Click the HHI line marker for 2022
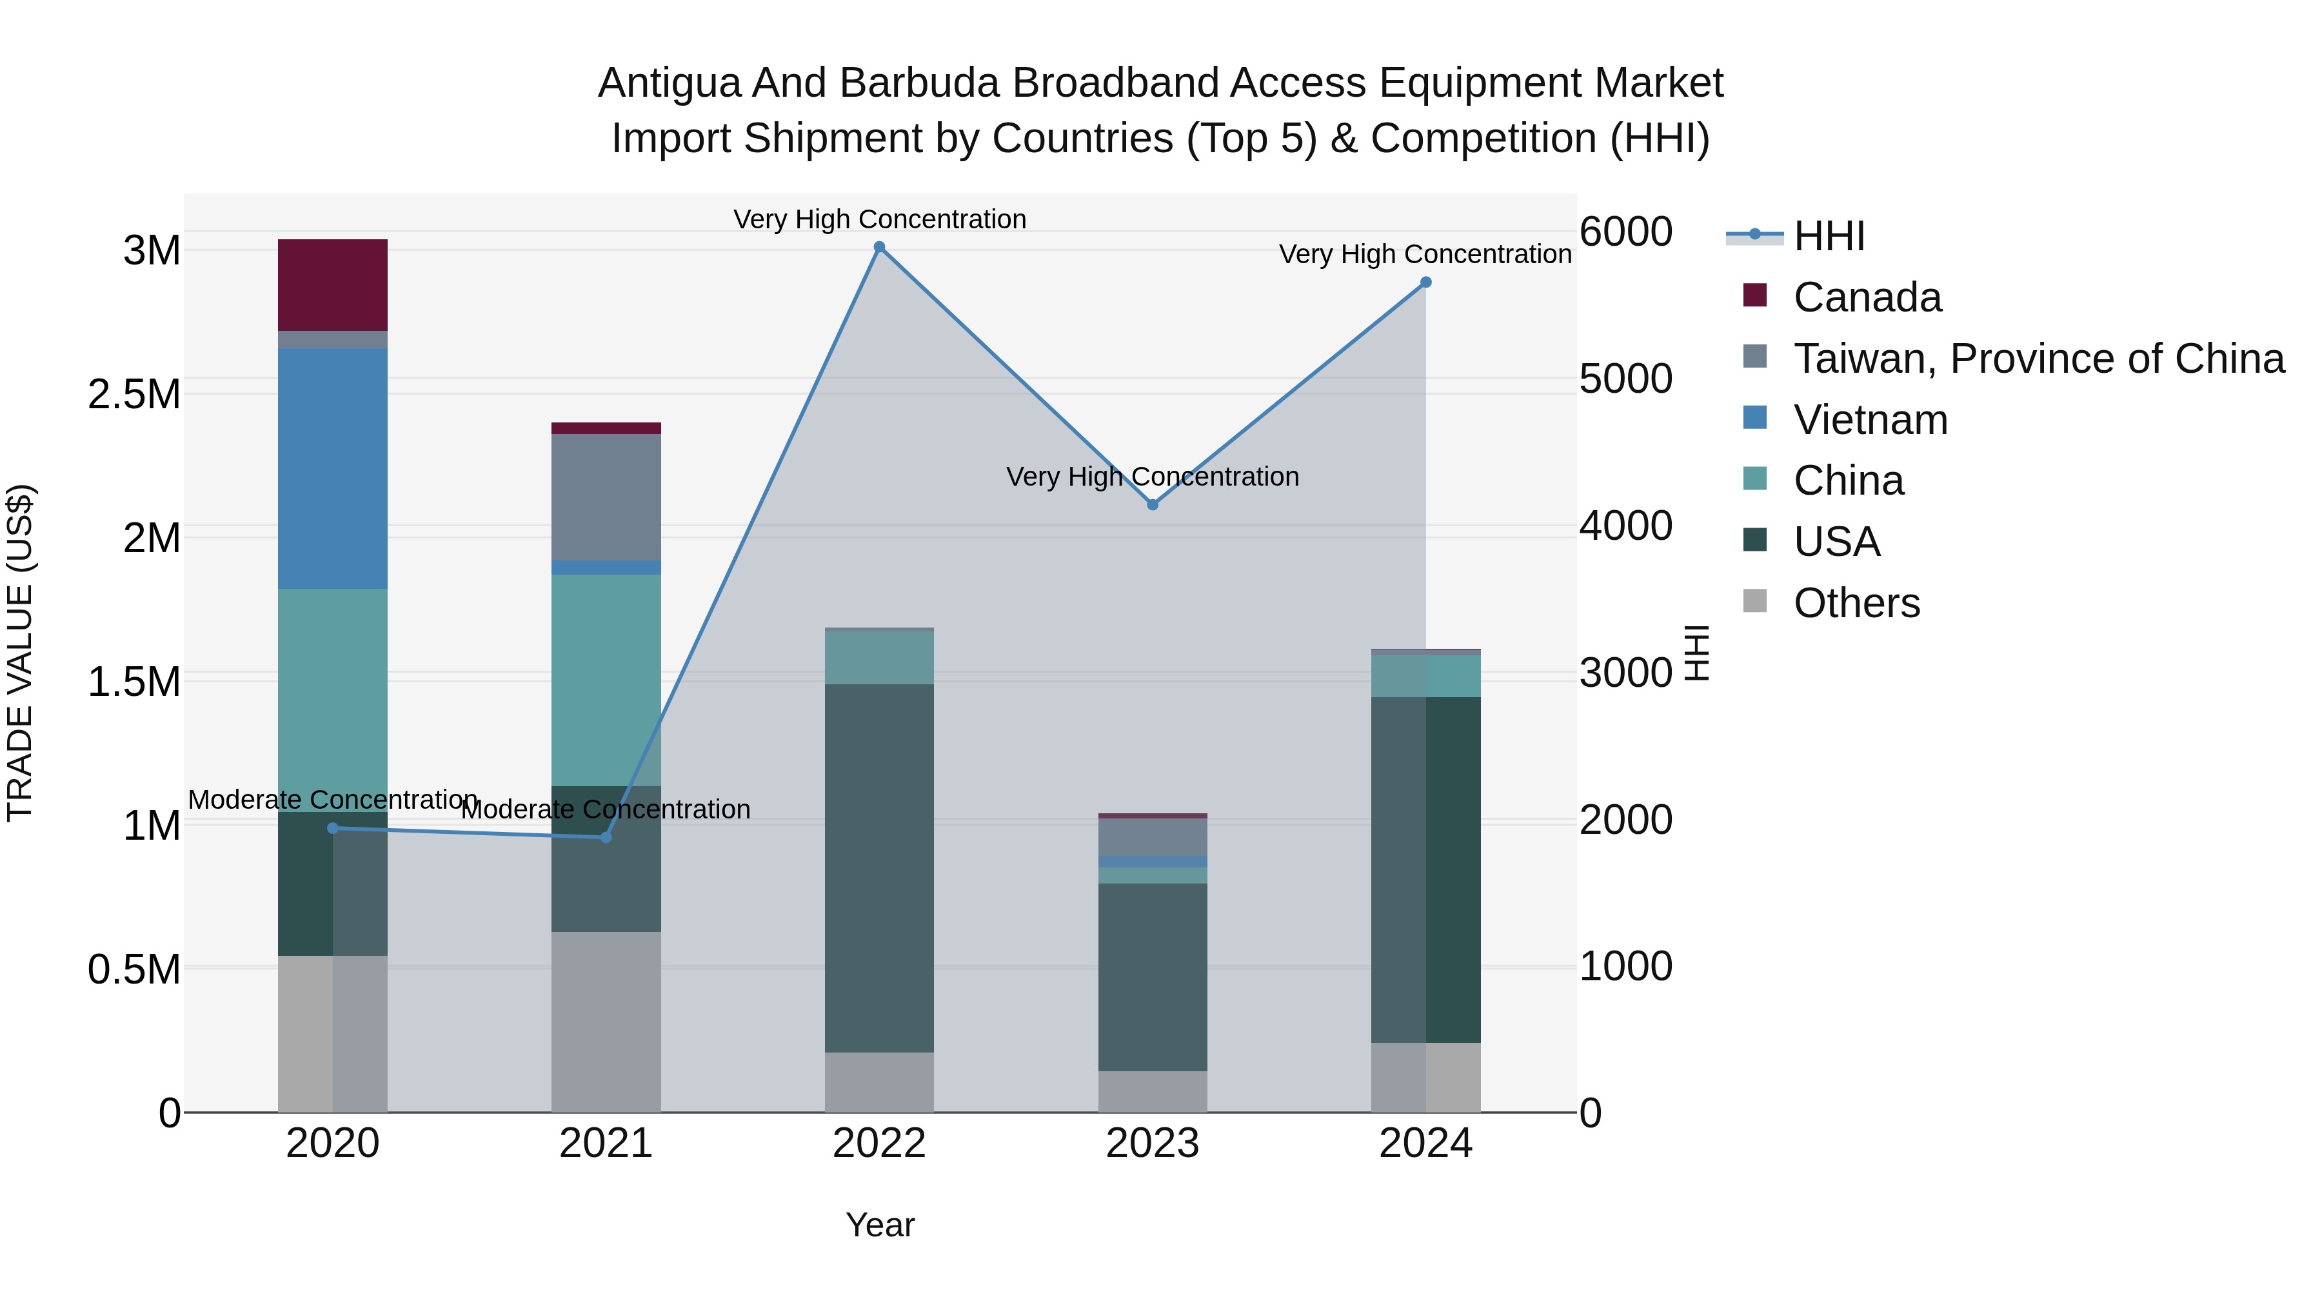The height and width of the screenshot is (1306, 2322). click(879, 247)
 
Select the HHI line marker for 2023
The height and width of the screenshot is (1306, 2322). click(1152, 505)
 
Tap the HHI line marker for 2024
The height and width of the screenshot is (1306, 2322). click(1425, 282)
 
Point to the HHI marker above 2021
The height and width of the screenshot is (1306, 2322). click(606, 837)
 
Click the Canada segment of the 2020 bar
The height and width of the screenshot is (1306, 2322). click(333, 285)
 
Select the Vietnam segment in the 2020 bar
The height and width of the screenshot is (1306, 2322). click(333, 469)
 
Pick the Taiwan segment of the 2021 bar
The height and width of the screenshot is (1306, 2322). click(606, 497)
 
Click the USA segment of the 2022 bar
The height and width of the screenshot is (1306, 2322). click(879, 867)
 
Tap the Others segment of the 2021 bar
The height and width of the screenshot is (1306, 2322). click(606, 1021)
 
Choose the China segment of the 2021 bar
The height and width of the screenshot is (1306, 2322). click(606, 680)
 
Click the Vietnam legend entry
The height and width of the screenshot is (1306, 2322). click(1869, 420)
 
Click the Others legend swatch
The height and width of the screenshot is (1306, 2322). click(1754, 601)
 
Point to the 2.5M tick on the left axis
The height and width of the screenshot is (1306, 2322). click(134, 395)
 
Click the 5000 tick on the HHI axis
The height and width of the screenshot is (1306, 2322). click(1625, 379)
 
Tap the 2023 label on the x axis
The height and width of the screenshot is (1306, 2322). click(1152, 1143)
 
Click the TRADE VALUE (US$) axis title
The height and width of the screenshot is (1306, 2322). click(20, 653)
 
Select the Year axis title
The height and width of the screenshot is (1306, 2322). click(879, 1225)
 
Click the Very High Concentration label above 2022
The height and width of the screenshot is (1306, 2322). click(879, 219)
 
